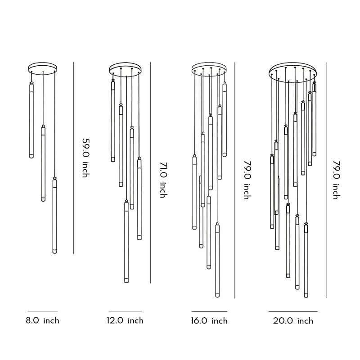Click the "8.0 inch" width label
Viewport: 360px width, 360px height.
[42, 321]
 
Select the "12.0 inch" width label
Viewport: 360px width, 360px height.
[125, 321]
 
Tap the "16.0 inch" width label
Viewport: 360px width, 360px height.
[209, 321]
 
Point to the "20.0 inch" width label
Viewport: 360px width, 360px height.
[293, 321]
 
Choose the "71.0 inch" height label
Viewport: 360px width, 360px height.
[162, 180]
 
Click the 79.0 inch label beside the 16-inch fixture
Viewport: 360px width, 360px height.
[247, 180]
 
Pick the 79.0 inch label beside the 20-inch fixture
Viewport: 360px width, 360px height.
[335, 180]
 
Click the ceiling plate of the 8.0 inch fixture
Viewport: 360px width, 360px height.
[43, 68]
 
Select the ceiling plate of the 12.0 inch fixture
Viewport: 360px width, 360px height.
[125, 68]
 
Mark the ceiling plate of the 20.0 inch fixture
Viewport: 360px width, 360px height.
[293, 70]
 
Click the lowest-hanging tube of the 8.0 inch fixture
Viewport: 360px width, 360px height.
[55, 216]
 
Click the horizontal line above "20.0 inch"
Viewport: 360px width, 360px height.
[293, 311]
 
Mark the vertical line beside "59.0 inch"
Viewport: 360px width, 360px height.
[73, 157]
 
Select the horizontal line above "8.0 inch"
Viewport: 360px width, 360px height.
[42, 311]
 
